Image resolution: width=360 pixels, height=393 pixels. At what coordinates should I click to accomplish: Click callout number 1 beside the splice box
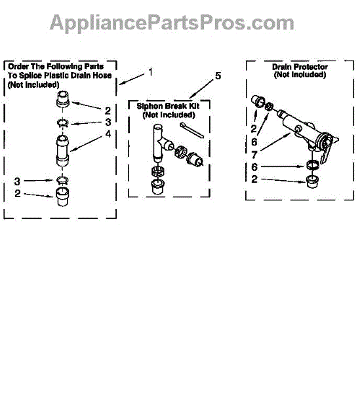150,72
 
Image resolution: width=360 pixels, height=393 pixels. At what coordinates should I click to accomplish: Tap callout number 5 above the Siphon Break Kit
218,76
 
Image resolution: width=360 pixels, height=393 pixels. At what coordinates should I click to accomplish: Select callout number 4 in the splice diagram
108,134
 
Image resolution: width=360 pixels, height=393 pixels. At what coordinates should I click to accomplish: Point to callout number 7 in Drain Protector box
254,155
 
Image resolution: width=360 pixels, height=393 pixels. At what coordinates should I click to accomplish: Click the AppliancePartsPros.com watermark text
172,23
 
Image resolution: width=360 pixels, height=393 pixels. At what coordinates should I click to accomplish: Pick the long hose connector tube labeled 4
62,151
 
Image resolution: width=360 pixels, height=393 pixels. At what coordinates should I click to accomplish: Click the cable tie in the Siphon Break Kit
191,130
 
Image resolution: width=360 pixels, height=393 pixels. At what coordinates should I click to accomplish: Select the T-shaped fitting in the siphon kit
161,142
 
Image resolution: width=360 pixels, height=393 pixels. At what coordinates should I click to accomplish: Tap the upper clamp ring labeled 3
62,123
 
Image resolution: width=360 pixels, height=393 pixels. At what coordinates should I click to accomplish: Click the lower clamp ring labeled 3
62,180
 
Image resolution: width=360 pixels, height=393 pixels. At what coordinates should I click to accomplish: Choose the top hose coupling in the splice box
63,100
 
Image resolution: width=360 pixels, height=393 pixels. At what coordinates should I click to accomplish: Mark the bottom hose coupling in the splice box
62,196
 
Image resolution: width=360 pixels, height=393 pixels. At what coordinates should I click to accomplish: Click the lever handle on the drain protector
326,153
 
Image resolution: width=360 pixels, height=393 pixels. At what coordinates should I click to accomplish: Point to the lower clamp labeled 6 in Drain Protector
313,165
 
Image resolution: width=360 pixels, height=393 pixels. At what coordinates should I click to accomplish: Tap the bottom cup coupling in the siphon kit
157,187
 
